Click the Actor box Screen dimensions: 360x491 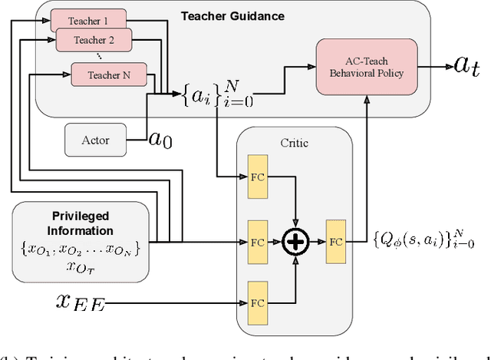[x=96, y=140]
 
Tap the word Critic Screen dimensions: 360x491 [x=294, y=141]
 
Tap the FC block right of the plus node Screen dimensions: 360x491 [x=336, y=241]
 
